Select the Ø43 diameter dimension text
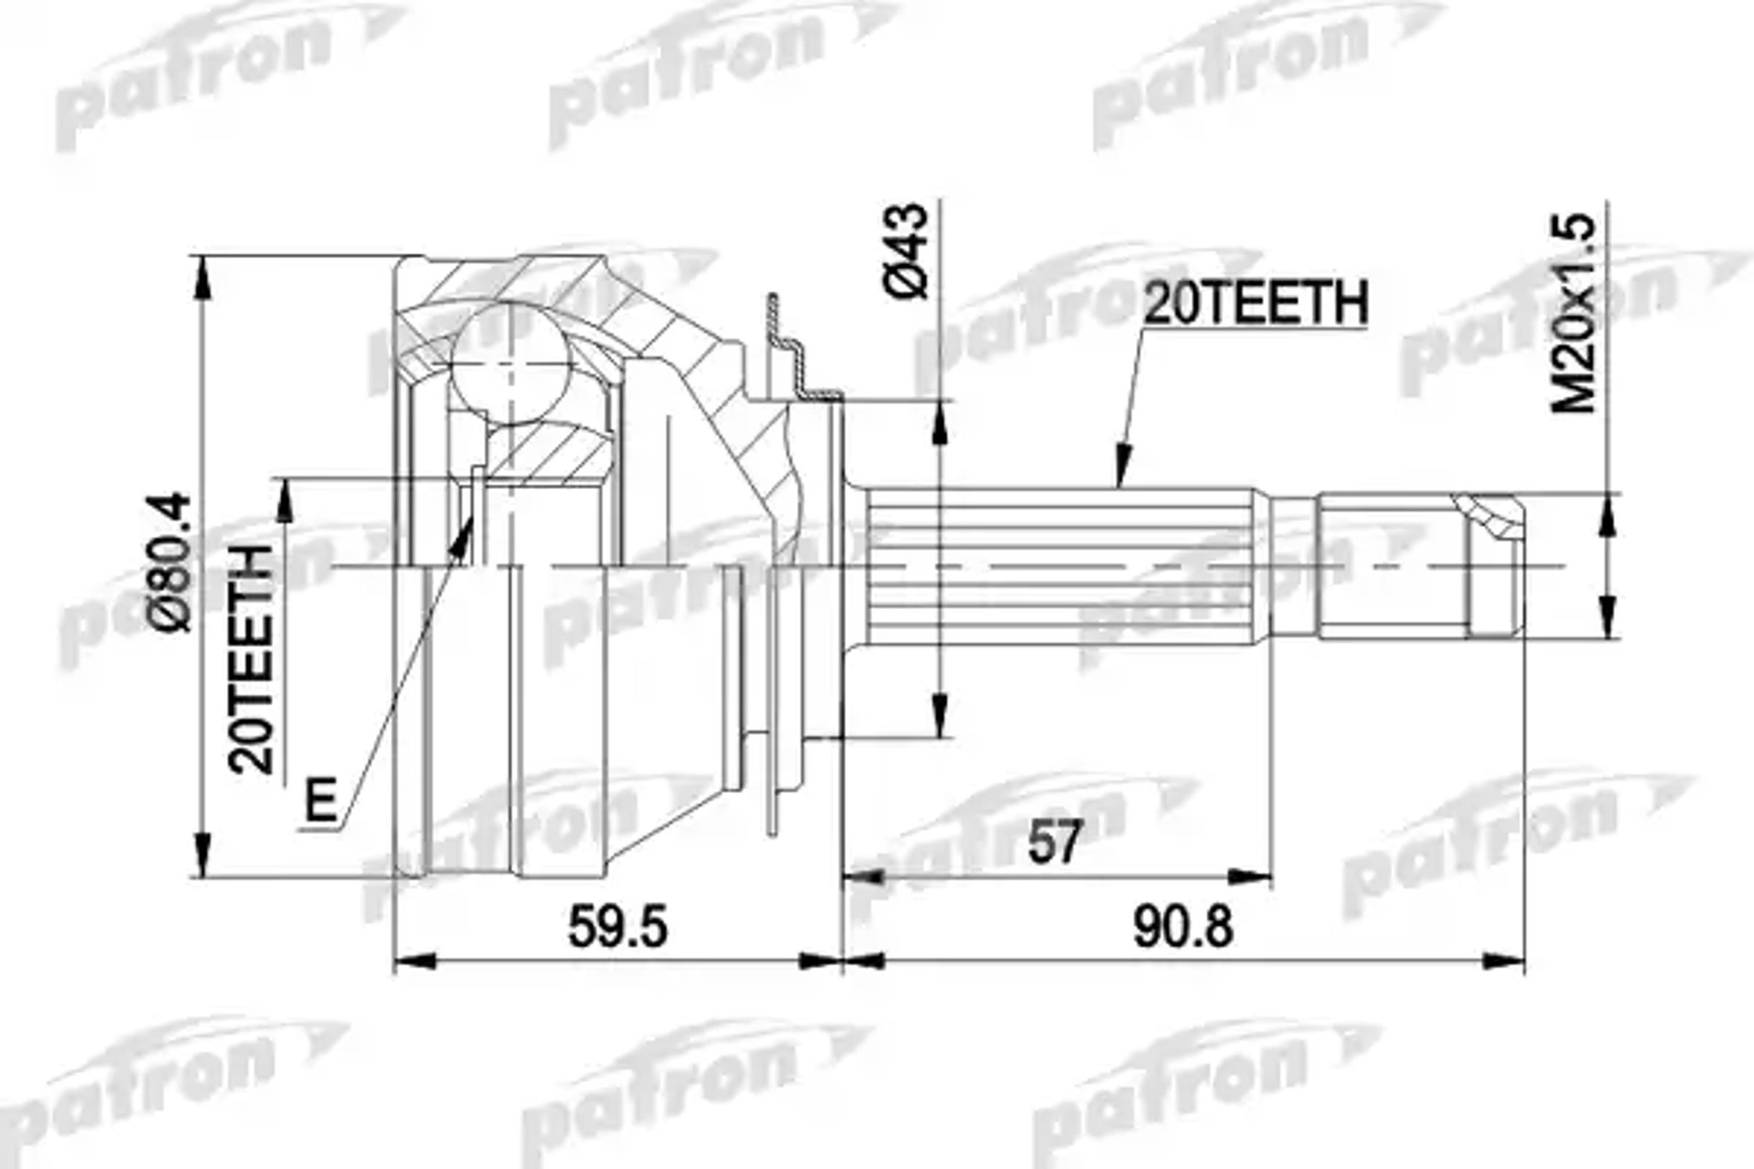point(906,251)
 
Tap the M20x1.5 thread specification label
point(1573,313)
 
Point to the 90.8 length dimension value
point(1182,927)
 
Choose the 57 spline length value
point(1053,843)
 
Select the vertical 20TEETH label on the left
point(251,659)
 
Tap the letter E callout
point(322,799)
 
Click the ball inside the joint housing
point(511,363)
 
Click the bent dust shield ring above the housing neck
point(798,358)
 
